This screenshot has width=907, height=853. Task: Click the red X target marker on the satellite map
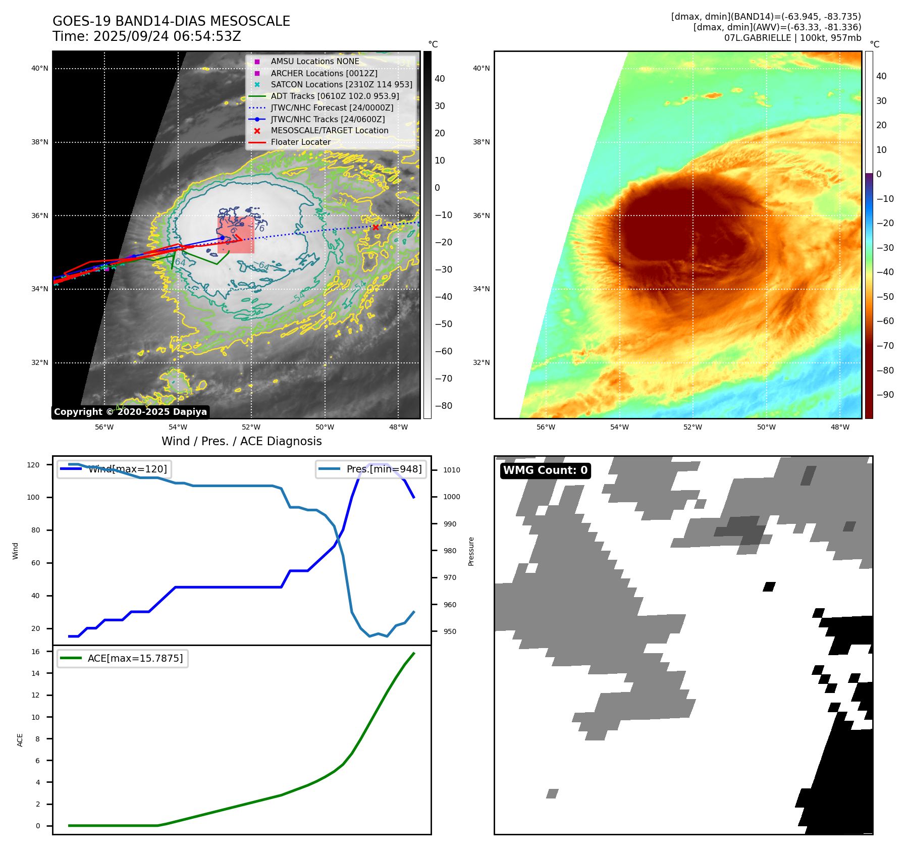click(376, 227)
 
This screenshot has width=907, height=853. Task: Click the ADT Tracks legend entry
click(335, 96)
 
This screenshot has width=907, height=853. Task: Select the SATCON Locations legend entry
click(341, 84)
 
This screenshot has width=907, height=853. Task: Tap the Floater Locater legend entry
click(300, 142)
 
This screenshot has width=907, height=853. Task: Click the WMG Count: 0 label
click(545, 470)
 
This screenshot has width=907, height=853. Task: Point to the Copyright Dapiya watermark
click(130, 412)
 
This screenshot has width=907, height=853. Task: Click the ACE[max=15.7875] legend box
click(123, 658)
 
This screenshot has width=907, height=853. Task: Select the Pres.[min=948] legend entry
click(371, 469)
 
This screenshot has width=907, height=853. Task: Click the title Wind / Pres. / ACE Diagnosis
click(241, 441)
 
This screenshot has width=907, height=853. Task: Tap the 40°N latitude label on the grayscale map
click(40, 68)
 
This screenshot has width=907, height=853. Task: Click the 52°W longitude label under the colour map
click(692, 427)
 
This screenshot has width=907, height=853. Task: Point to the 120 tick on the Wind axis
click(33, 465)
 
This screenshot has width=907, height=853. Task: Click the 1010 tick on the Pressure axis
click(452, 470)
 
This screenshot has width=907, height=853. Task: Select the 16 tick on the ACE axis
click(36, 652)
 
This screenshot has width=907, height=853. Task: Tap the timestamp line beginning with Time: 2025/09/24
click(147, 37)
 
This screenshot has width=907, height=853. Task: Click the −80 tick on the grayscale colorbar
click(444, 406)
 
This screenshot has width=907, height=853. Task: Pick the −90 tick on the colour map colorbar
click(885, 395)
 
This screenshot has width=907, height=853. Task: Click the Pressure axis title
click(471, 551)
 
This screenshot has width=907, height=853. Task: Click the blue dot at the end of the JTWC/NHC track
click(222, 238)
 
